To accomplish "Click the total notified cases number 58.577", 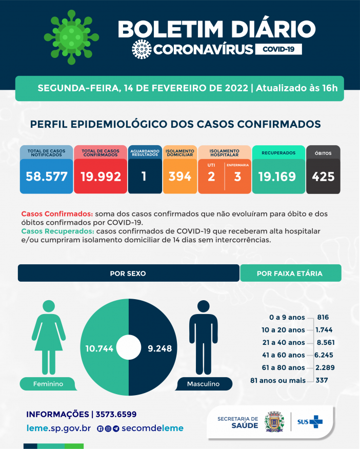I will [47, 177].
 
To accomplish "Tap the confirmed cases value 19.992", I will [101, 177].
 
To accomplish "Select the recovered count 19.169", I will [277, 177].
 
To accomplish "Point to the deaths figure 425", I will [323, 177].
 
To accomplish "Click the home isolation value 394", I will [180, 177].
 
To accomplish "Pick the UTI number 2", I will [211, 177].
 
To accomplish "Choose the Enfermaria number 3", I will [237, 177].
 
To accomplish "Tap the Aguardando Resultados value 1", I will [144, 177].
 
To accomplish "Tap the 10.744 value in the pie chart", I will [99, 348].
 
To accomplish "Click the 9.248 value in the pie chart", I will [159, 348].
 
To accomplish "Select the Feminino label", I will [48, 384].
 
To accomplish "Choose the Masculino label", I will [203, 384].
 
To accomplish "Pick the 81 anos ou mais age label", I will [277, 380].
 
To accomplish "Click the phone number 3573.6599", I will [115, 414].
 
